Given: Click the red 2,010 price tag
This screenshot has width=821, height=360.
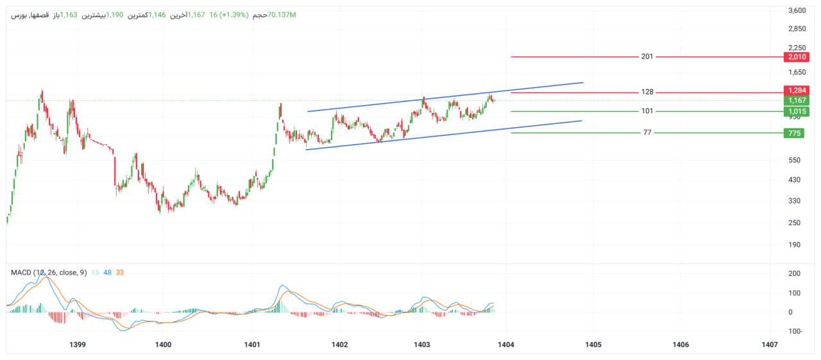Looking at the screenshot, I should click(796, 57).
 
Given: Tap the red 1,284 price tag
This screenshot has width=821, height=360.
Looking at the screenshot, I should click(796, 90).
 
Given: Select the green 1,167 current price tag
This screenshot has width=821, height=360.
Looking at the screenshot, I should click(796, 101).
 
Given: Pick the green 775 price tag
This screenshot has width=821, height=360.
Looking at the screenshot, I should click(796, 133).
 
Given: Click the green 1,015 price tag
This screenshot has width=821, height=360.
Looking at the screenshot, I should click(796, 112).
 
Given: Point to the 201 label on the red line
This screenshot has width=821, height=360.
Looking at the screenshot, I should click(647, 56).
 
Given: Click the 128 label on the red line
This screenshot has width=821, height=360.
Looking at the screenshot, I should click(647, 92).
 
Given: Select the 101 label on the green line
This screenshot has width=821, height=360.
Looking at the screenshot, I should click(647, 111).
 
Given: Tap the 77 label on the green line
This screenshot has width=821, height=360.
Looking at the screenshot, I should click(647, 133).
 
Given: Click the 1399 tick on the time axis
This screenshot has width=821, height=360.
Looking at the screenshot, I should click(77, 345).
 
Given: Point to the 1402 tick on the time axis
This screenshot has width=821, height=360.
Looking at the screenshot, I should click(339, 345).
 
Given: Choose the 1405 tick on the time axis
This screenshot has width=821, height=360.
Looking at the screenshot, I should click(593, 345).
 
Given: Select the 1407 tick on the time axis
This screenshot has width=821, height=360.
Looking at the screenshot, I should click(770, 345).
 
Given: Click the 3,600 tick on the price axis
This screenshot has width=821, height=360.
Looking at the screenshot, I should click(797, 10).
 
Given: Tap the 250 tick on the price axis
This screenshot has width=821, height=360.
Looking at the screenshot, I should click(796, 223).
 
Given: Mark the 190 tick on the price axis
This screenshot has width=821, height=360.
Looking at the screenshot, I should click(796, 244).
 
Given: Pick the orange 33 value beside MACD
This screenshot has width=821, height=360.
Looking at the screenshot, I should click(120, 272).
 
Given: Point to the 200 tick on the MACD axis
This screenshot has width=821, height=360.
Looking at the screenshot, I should click(795, 273).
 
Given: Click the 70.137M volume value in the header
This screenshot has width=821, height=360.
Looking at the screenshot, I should click(282, 14).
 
